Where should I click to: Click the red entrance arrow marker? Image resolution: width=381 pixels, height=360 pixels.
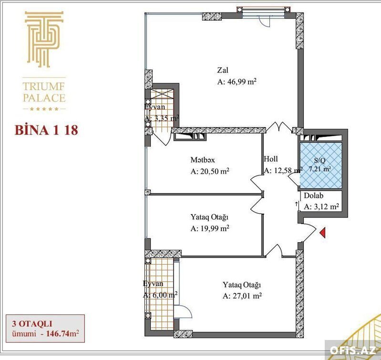click(322, 233)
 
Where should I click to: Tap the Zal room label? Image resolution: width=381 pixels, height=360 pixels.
click(223, 70)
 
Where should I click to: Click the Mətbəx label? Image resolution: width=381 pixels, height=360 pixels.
click(203, 160)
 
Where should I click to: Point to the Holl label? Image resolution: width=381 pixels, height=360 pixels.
click(271, 159)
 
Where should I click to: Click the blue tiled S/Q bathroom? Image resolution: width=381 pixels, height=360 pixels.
click(321, 165)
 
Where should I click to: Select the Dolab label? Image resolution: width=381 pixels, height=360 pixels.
click(313, 195)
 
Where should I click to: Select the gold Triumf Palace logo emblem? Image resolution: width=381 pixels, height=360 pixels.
click(44, 39)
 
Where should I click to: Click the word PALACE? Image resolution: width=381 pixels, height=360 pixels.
click(44, 98)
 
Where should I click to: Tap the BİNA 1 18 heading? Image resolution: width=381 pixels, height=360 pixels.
click(46, 130)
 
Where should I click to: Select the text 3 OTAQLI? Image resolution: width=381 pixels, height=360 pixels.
click(32, 324)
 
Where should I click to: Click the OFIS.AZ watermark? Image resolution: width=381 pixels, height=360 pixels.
click(353, 350)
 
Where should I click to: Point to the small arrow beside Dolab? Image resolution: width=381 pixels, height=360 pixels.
click(296, 204)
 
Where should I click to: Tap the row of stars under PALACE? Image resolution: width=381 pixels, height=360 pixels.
click(44, 109)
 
